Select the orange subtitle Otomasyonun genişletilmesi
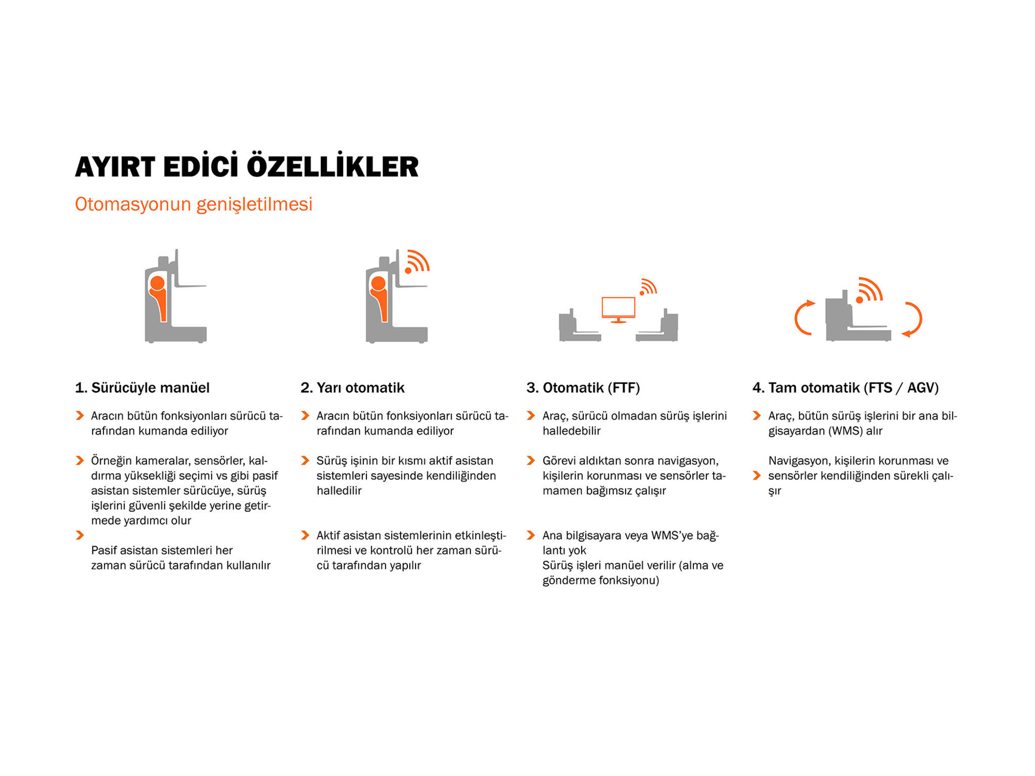pyautogui.click(x=194, y=205)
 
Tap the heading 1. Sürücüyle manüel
pyautogui.click(x=142, y=387)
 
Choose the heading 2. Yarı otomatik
pyautogui.click(x=352, y=387)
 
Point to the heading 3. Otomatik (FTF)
pyautogui.click(x=583, y=387)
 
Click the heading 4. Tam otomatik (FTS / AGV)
pyautogui.click(x=845, y=387)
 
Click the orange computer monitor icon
pyautogui.click(x=619, y=309)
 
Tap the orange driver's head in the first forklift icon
pyautogui.click(x=157, y=283)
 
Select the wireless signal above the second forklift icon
pyautogui.click(x=417, y=261)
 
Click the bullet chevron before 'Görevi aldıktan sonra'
pyautogui.click(x=531, y=461)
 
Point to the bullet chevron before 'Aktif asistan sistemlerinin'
pyautogui.click(x=305, y=535)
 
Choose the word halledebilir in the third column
pyautogui.click(x=572, y=431)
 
